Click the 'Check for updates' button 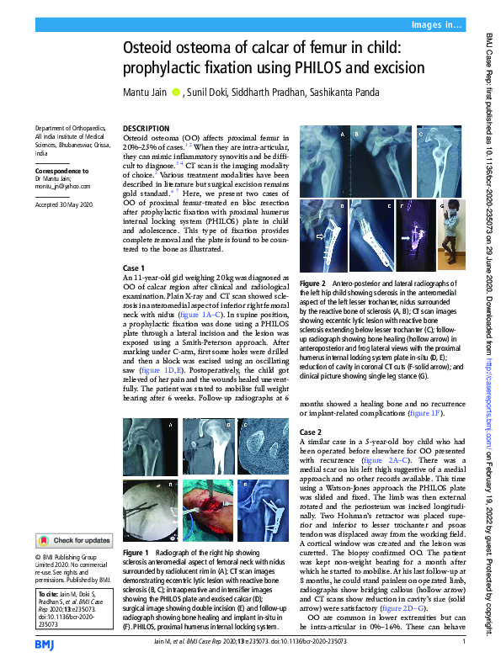72,540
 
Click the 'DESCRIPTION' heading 146,127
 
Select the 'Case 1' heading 136,267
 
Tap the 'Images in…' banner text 438,26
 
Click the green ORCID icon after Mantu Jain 175,91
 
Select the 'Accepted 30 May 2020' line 63,205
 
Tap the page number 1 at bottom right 464,643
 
